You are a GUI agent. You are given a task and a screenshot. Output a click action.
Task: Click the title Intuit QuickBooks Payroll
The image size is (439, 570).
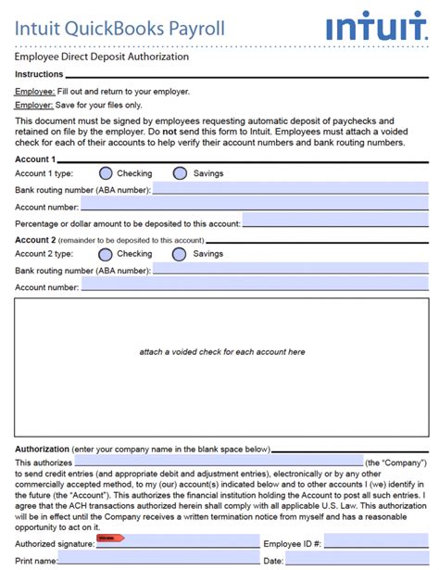(119, 28)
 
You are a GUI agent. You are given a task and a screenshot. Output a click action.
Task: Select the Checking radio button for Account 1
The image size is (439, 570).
(106, 173)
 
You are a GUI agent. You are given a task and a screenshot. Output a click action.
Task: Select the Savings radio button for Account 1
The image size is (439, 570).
(180, 173)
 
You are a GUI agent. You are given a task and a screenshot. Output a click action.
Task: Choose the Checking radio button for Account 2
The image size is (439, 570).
(106, 254)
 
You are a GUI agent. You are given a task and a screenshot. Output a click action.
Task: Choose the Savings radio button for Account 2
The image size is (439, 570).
(180, 254)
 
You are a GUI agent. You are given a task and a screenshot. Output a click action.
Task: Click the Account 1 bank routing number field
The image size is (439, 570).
(290, 190)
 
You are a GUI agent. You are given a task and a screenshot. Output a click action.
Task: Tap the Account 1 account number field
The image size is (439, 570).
(255, 207)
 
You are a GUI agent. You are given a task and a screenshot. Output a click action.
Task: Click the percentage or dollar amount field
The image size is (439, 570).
(335, 223)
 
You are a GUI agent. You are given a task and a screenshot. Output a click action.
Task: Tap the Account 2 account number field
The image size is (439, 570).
(255, 287)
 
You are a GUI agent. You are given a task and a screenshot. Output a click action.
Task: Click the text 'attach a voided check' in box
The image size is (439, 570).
(221, 352)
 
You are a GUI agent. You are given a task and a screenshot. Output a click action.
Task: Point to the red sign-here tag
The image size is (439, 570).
(110, 538)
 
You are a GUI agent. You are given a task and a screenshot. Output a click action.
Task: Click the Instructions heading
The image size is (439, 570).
(40, 74)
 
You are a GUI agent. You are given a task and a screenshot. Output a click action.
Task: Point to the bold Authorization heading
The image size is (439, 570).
(42, 450)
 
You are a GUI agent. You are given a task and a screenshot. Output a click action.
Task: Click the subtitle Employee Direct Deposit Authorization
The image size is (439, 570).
(101, 57)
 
